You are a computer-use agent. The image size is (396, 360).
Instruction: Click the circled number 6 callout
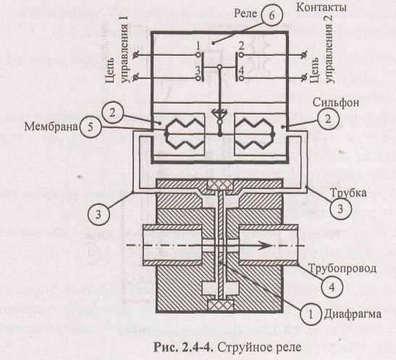coord(271,15)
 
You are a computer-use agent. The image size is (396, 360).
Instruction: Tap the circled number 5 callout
coord(90,127)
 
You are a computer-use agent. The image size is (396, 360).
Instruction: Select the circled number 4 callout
coord(332,287)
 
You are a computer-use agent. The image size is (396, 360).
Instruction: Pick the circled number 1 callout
coord(311,314)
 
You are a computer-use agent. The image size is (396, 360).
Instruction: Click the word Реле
coord(245,14)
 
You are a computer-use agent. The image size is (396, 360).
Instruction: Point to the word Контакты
coord(321,7)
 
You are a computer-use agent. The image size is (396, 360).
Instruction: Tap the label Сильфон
coord(336,103)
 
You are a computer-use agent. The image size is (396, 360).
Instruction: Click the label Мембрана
coord(51,127)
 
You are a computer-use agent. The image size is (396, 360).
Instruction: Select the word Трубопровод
coord(342,268)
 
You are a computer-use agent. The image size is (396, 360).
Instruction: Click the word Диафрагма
coord(353,314)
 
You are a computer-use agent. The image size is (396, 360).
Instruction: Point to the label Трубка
coord(348,193)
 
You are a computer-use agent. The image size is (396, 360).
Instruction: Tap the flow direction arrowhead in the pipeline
coord(264,246)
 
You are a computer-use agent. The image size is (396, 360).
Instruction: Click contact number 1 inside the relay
coord(198,46)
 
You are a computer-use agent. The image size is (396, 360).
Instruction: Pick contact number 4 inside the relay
coord(242,71)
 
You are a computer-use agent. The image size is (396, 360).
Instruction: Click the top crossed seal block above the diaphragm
coord(220,185)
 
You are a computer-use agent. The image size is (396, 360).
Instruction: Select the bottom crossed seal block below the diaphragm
coord(220,305)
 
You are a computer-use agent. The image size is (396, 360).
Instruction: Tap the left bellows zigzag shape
coord(184,134)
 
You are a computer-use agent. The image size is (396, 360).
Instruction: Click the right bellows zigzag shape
coord(254,134)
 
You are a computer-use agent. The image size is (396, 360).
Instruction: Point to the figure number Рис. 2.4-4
coord(184,348)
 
